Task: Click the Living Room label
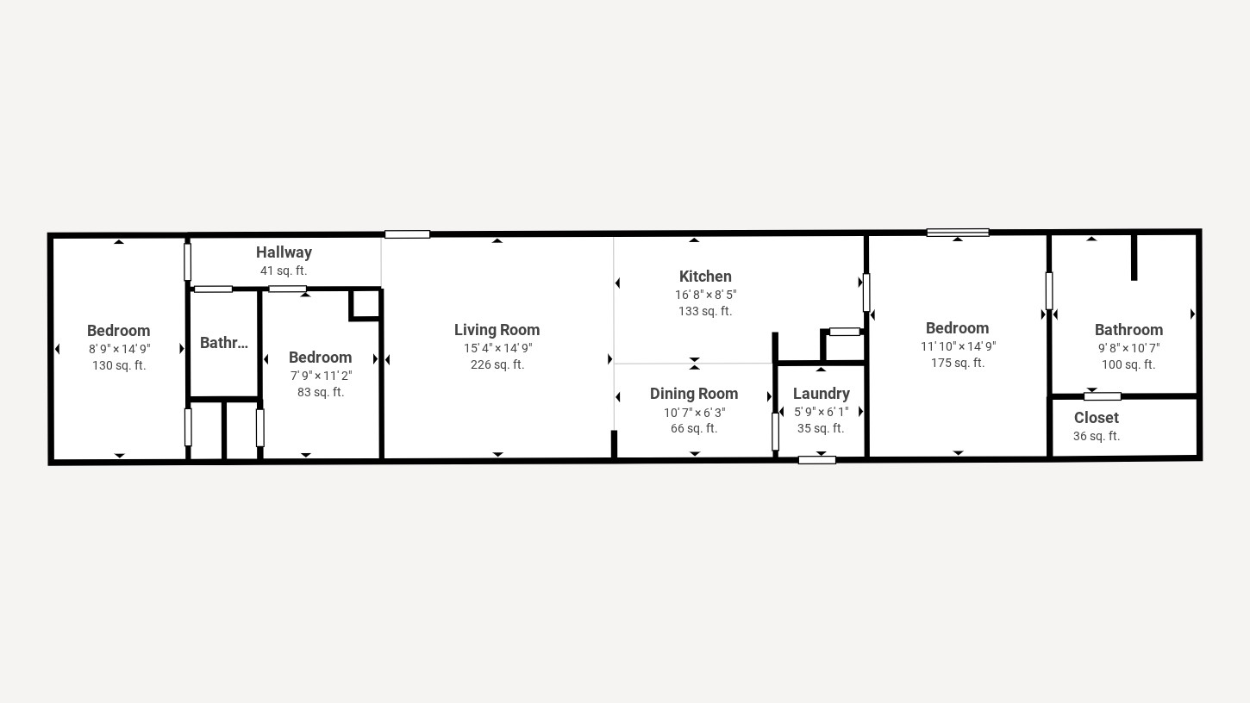pyautogui.click(x=497, y=330)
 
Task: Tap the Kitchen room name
pyautogui.click(x=705, y=277)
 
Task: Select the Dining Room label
pyautogui.click(x=694, y=394)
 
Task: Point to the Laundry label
pyautogui.click(x=821, y=394)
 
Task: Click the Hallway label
pyautogui.click(x=284, y=252)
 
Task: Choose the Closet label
pyautogui.click(x=1096, y=418)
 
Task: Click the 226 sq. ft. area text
pyautogui.click(x=497, y=364)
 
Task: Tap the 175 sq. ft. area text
pyautogui.click(x=957, y=363)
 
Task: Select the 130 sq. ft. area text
pyautogui.click(x=119, y=365)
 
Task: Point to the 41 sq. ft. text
pyautogui.click(x=284, y=271)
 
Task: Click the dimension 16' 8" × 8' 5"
pyautogui.click(x=705, y=295)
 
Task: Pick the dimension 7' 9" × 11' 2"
pyautogui.click(x=321, y=376)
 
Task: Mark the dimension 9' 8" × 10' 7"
pyautogui.click(x=1128, y=348)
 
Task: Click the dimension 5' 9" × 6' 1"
pyautogui.click(x=821, y=412)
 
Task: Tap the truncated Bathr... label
pyautogui.click(x=223, y=343)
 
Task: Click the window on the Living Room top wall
pyautogui.click(x=407, y=234)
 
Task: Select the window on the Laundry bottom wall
pyautogui.click(x=816, y=460)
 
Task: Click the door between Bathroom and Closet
pyautogui.click(x=1102, y=396)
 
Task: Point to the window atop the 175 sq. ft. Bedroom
pyautogui.click(x=957, y=233)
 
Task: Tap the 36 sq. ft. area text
pyautogui.click(x=1096, y=436)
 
